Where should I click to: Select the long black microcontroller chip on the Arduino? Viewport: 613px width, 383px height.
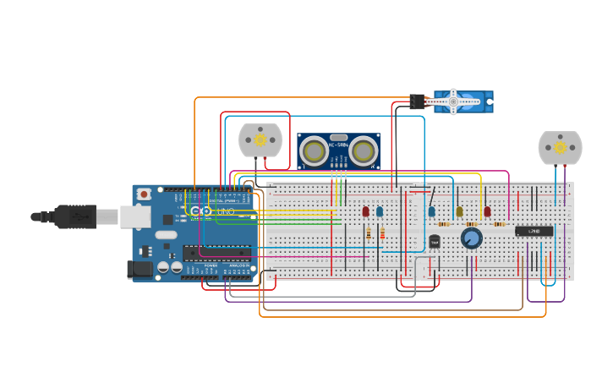coord(217,251)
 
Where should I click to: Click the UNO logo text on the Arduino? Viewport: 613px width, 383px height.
coord(226,211)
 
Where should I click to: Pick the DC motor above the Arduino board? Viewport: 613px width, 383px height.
coord(260,140)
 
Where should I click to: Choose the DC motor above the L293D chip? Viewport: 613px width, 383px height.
coord(560,147)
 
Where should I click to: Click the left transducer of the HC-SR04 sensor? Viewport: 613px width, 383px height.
coord(315,151)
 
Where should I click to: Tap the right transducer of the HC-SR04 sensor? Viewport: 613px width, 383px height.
coord(364,151)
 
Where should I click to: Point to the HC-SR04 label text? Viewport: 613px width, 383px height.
coord(338,145)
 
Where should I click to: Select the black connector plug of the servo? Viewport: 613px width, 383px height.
coord(417,101)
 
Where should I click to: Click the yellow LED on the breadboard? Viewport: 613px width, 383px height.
coord(459,211)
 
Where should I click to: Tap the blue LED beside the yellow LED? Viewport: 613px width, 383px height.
coord(431,211)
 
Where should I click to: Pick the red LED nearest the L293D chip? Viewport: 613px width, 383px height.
coord(487,211)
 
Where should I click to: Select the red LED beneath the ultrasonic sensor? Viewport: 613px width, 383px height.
coord(366,211)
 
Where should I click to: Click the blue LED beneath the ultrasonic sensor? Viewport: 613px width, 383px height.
coord(380,211)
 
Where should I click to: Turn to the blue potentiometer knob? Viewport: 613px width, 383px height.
coord(471,239)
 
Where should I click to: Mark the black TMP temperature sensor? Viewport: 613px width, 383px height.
coord(435,242)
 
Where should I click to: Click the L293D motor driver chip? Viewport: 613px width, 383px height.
coord(534,231)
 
